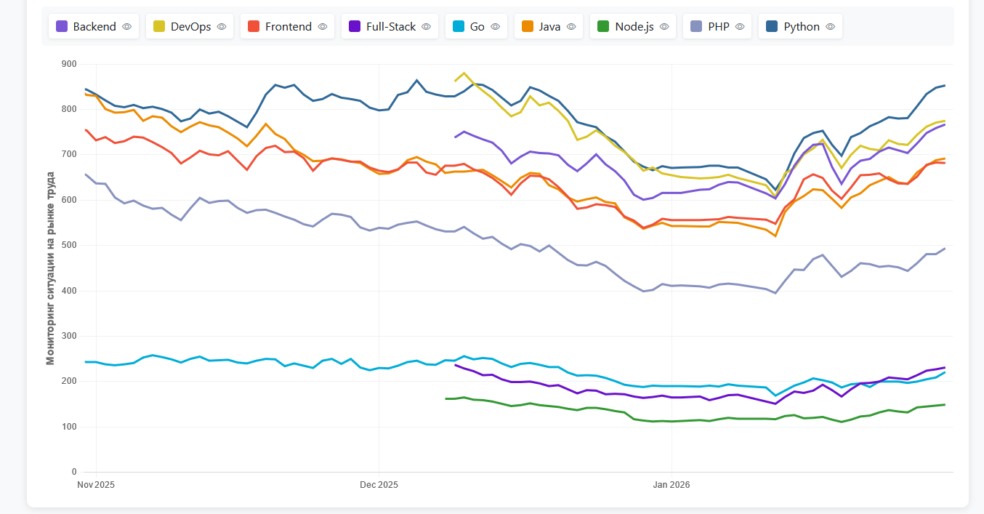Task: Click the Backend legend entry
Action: (94, 27)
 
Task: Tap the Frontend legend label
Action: (288, 27)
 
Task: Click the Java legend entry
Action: (549, 27)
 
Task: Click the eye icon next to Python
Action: (831, 27)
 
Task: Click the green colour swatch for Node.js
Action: (602, 27)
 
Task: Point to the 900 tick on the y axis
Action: (69, 64)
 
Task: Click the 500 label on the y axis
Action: (69, 246)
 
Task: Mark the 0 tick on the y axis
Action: (73, 473)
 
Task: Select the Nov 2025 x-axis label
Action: (96, 485)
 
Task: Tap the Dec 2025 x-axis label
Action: (379, 485)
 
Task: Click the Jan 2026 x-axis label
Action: (672, 485)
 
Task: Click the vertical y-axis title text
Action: (50, 268)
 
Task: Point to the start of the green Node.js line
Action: (446, 398)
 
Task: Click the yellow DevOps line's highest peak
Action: (464, 73)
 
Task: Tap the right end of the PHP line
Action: (945, 249)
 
